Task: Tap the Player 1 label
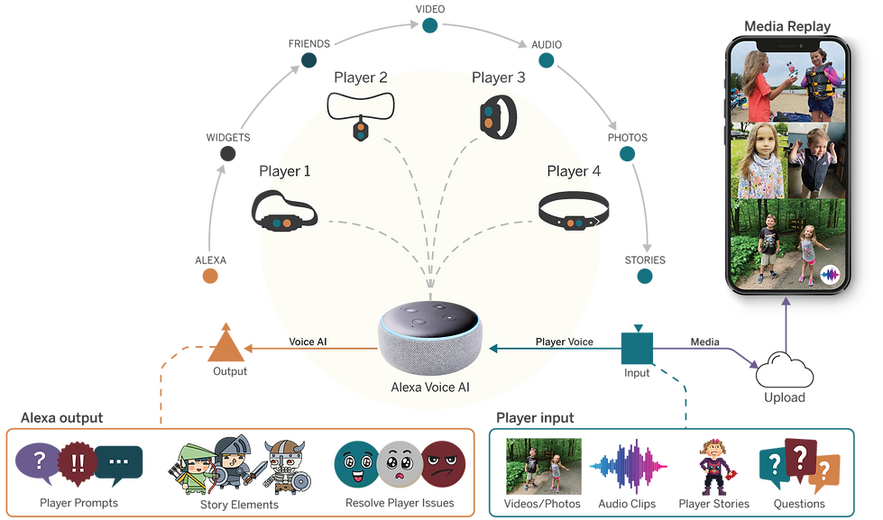(283, 170)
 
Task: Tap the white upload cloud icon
(785, 371)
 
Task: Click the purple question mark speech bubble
(37, 461)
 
